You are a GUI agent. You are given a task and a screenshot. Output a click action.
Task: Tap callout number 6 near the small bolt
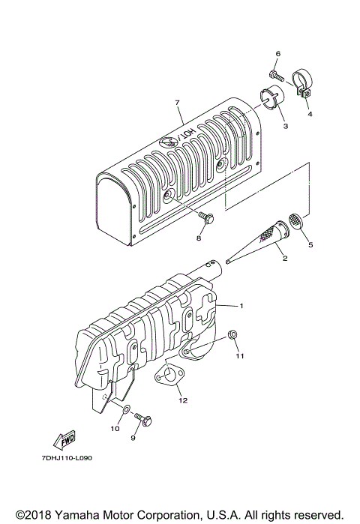coord(277,54)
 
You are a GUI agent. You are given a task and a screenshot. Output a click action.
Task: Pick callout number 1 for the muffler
coord(241,306)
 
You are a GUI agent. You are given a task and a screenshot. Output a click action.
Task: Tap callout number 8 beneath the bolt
coord(199,238)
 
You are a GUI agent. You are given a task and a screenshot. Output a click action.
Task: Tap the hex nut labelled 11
coord(233,335)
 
